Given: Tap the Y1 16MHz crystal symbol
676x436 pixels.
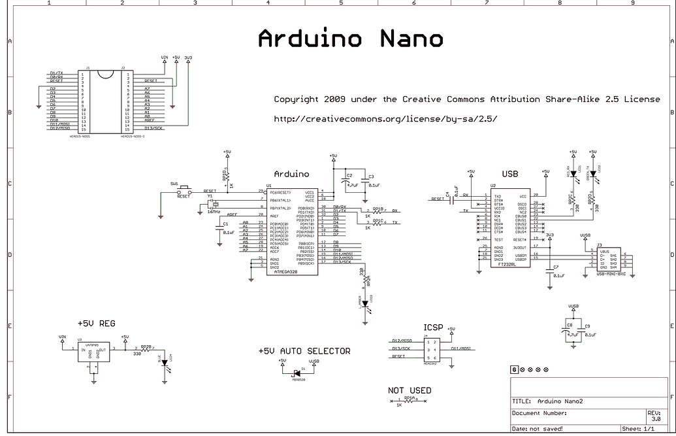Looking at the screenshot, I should click(x=212, y=204).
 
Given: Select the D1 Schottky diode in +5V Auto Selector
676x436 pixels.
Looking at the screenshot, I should click(x=297, y=373).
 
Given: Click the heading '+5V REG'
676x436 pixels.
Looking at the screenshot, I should click(x=96, y=324).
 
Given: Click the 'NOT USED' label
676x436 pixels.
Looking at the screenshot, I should click(x=410, y=390).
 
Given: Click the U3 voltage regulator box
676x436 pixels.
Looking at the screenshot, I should click(x=91, y=354).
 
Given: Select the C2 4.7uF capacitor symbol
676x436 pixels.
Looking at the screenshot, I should click(x=346, y=181).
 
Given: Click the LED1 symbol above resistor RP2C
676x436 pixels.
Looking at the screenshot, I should click(x=573, y=175).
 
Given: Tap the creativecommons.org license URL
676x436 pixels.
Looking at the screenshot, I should click(x=385, y=119).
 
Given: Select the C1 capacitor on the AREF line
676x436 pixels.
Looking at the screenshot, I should click(x=219, y=227).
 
